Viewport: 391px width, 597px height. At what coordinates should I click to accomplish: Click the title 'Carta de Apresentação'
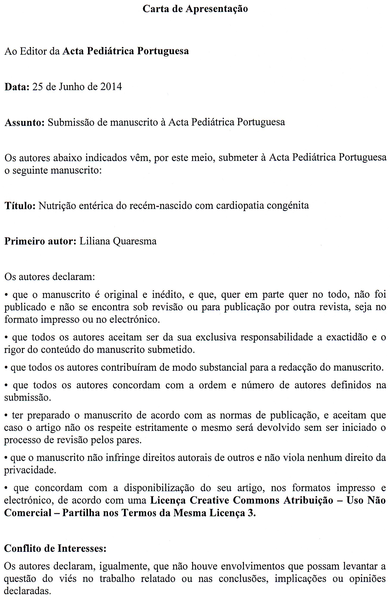click(195, 9)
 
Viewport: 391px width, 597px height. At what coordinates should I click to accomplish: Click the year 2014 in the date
click(111, 87)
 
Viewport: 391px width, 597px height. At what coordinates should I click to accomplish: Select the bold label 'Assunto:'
click(25, 123)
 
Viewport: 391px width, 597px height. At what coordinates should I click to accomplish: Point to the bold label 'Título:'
click(20, 206)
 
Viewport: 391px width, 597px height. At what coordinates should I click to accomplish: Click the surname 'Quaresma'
click(135, 241)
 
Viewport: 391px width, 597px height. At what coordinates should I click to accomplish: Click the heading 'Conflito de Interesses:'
click(55, 549)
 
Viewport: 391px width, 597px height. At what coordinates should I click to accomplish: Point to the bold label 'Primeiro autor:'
click(40, 241)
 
